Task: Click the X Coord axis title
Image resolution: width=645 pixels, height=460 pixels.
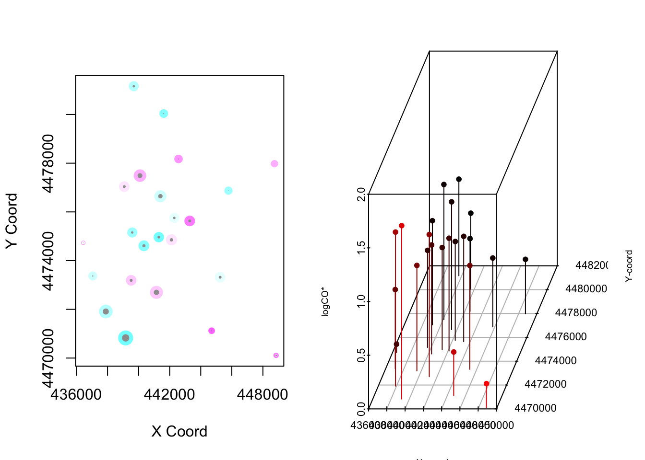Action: point(179,431)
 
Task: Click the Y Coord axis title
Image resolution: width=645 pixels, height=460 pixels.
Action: point(12,221)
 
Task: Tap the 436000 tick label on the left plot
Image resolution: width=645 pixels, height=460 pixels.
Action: point(76,394)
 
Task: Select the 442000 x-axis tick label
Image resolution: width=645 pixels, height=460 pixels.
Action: point(169,394)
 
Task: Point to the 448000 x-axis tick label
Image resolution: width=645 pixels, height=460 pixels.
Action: point(263,394)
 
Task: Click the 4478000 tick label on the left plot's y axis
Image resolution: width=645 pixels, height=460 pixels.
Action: point(48,163)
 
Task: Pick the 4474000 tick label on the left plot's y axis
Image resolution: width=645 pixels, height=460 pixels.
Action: point(48,261)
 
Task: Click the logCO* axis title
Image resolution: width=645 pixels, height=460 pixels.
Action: point(325,301)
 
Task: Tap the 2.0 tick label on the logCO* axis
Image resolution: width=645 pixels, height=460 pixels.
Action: point(361,195)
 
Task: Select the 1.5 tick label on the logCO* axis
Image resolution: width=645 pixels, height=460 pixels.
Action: point(361,248)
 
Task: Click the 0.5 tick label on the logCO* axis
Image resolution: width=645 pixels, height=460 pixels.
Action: point(361,356)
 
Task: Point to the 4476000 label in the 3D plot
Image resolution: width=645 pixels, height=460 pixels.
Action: point(566,337)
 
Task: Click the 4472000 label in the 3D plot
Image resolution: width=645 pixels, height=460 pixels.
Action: point(546,384)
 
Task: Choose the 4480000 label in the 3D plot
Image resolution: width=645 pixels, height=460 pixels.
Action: point(586,289)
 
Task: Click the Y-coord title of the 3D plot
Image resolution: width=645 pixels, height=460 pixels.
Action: point(629,266)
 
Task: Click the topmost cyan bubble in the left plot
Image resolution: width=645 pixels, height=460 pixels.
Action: point(134,86)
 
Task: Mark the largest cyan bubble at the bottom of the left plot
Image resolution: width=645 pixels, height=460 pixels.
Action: point(126,338)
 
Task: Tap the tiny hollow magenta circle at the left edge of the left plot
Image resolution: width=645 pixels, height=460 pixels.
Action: point(83,243)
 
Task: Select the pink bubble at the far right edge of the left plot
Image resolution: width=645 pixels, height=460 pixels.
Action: point(275,164)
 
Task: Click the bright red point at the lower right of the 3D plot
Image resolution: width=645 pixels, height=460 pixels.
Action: point(487,384)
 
